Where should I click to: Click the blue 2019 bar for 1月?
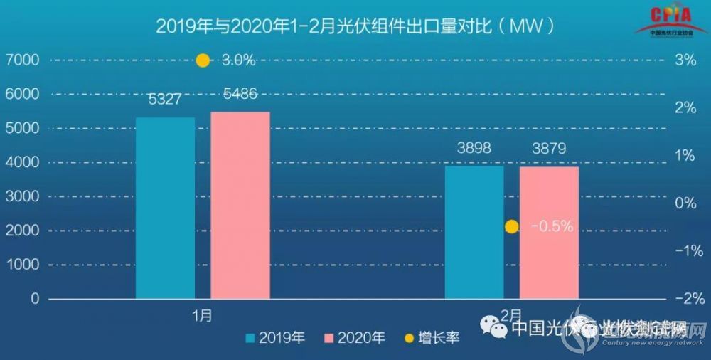(165, 208)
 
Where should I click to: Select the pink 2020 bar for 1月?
(240, 205)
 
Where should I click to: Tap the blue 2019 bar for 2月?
(474, 232)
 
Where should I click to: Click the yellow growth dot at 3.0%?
(203, 60)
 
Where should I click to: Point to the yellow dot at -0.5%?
(511, 227)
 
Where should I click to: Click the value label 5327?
(165, 100)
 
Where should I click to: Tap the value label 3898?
(474, 149)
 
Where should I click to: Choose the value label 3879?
(549, 149)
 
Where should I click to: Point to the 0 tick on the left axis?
(34, 299)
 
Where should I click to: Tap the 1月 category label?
(202, 314)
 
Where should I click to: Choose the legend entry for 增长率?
(429, 338)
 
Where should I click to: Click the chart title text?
(355, 26)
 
